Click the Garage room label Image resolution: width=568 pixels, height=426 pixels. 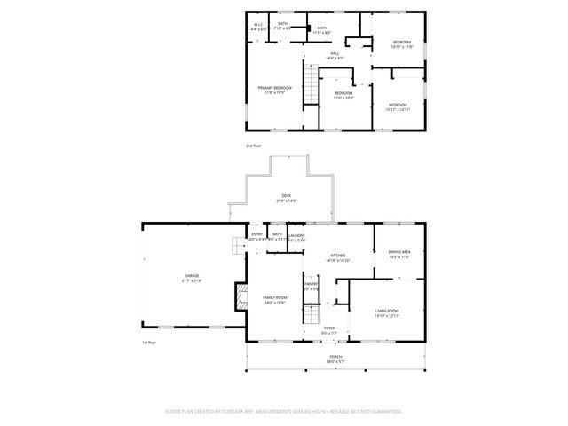coord(193,278)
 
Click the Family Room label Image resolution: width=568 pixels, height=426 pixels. coord(275,299)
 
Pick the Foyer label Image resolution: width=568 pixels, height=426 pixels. coord(328,329)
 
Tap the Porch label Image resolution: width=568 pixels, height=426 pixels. coord(335,358)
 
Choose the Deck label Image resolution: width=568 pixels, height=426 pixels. coord(286,197)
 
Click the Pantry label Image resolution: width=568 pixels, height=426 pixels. coord(311,284)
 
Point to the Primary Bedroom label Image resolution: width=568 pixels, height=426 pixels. coord(275,89)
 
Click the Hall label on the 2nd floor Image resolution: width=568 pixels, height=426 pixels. coord(335,55)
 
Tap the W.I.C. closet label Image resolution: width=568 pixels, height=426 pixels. coord(258,25)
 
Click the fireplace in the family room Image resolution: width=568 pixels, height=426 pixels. coord(239,297)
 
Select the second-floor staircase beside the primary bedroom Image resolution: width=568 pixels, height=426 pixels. coord(310,87)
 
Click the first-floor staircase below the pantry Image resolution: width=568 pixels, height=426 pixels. coord(311,313)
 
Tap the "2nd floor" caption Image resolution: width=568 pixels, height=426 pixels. coord(254,145)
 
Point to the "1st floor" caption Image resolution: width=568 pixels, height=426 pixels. coord(148,343)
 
